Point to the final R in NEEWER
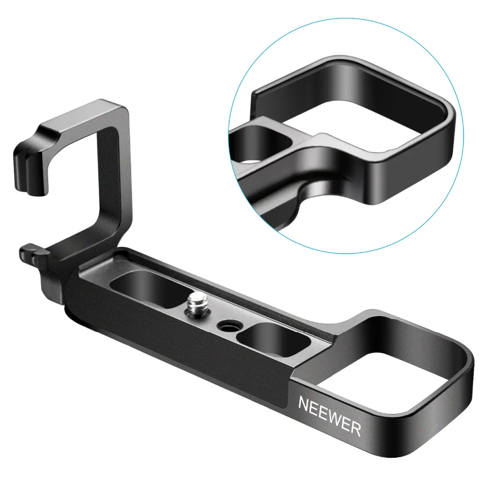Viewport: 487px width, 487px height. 356,429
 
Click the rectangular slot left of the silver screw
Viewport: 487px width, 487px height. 150,288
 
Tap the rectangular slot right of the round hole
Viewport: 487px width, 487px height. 273,340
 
